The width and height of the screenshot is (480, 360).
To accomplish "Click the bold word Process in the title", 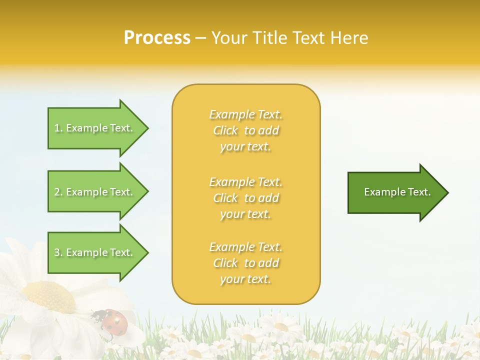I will [x=157, y=37].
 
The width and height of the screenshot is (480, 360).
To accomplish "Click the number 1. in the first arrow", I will [x=58, y=128].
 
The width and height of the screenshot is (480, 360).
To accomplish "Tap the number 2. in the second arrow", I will [x=58, y=192].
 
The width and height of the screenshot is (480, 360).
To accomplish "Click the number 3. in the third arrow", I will [x=58, y=252].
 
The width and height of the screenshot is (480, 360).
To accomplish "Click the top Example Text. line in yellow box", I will [x=245, y=115].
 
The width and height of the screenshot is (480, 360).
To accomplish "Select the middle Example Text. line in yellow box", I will [x=245, y=182].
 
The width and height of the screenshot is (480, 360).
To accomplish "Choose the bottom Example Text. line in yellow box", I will [x=245, y=247].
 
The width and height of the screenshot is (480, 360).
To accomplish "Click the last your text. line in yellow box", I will [x=245, y=279].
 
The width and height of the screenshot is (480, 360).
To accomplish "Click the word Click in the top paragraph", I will [x=225, y=131].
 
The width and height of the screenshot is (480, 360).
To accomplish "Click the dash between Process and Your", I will [x=201, y=38].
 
